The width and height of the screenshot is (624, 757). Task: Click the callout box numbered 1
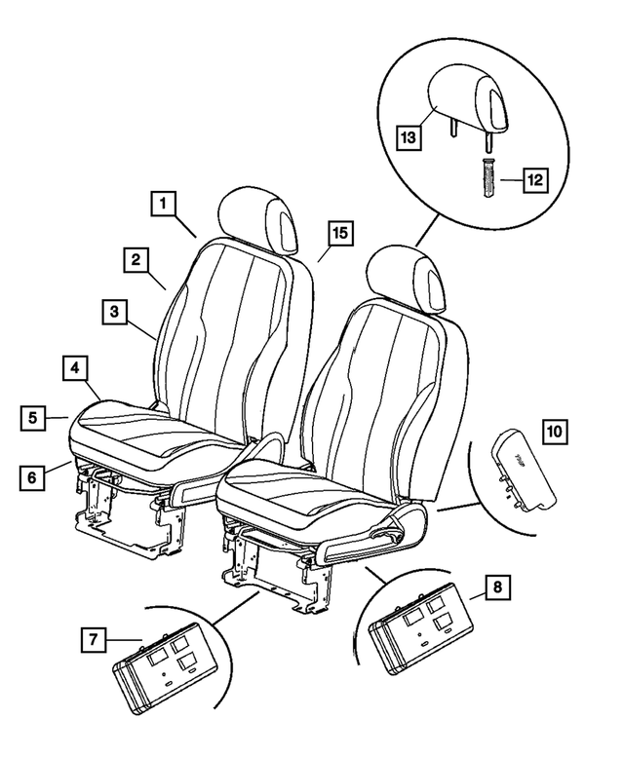(x=164, y=204)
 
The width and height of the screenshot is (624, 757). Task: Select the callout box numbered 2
(x=136, y=259)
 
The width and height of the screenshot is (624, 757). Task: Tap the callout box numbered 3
(x=114, y=313)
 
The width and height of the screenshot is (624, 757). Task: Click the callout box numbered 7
(x=94, y=640)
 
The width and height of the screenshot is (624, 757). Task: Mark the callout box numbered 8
(x=498, y=588)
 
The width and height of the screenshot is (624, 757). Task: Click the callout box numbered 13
(x=409, y=138)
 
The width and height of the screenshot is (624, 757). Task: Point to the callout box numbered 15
(x=339, y=234)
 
